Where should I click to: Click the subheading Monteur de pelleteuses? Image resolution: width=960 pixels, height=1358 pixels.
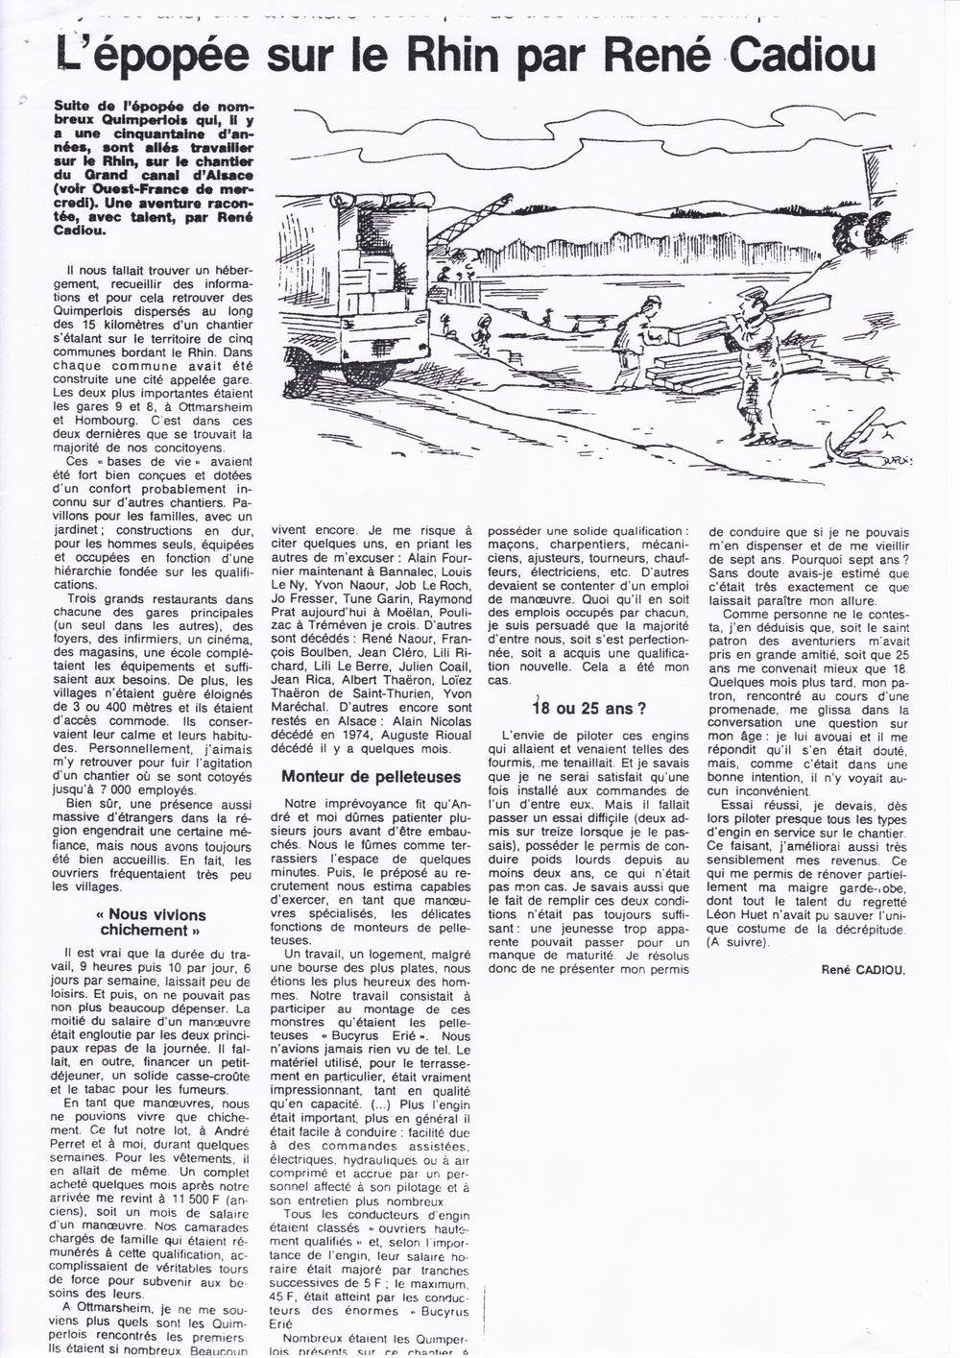(372, 776)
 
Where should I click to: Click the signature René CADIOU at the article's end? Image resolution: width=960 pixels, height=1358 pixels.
(863, 969)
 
